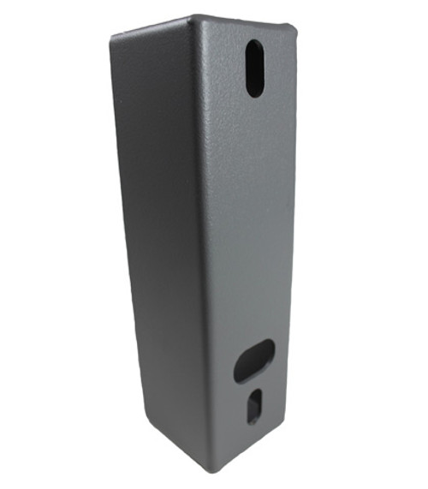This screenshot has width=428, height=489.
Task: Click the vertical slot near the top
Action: click(x=255, y=68)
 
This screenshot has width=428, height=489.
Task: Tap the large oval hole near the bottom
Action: click(x=254, y=360)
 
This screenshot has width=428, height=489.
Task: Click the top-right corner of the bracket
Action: click(x=296, y=28)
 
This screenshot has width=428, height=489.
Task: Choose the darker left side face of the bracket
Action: click(x=158, y=214)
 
